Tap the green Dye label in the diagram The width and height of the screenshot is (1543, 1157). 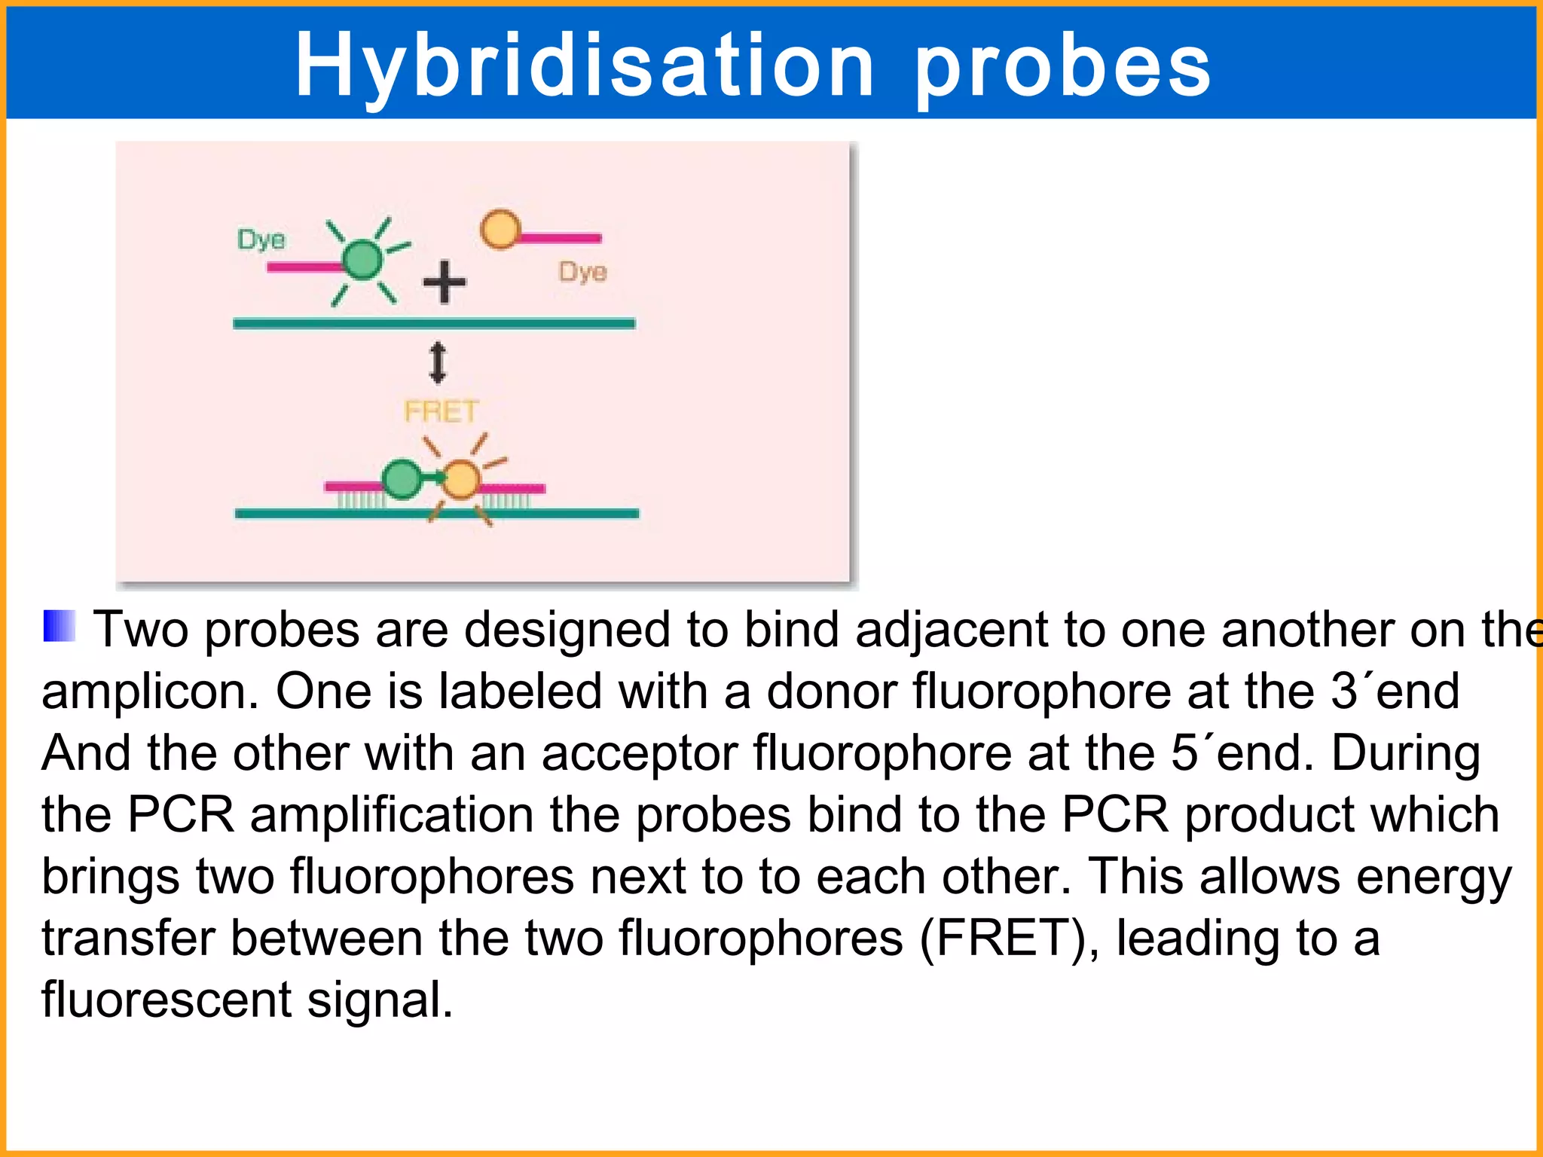tap(261, 240)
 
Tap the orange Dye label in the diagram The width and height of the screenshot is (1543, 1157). tap(582, 271)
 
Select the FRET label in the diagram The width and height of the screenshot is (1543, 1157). tap(441, 411)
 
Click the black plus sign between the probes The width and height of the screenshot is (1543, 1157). tap(445, 282)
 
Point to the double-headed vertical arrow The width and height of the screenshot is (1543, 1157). tap(438, 362)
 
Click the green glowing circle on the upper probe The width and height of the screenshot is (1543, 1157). tap(363, 260)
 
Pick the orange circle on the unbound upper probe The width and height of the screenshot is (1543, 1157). tap(500, 229)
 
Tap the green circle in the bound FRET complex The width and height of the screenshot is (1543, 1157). tap(402, 479)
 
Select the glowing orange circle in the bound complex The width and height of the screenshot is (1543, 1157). tap(460, 479)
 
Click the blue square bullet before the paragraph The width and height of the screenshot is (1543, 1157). tap(59, 625)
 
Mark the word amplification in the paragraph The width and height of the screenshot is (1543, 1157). tap(392, 815)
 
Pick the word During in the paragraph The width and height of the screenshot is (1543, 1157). tap(1405, 753)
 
